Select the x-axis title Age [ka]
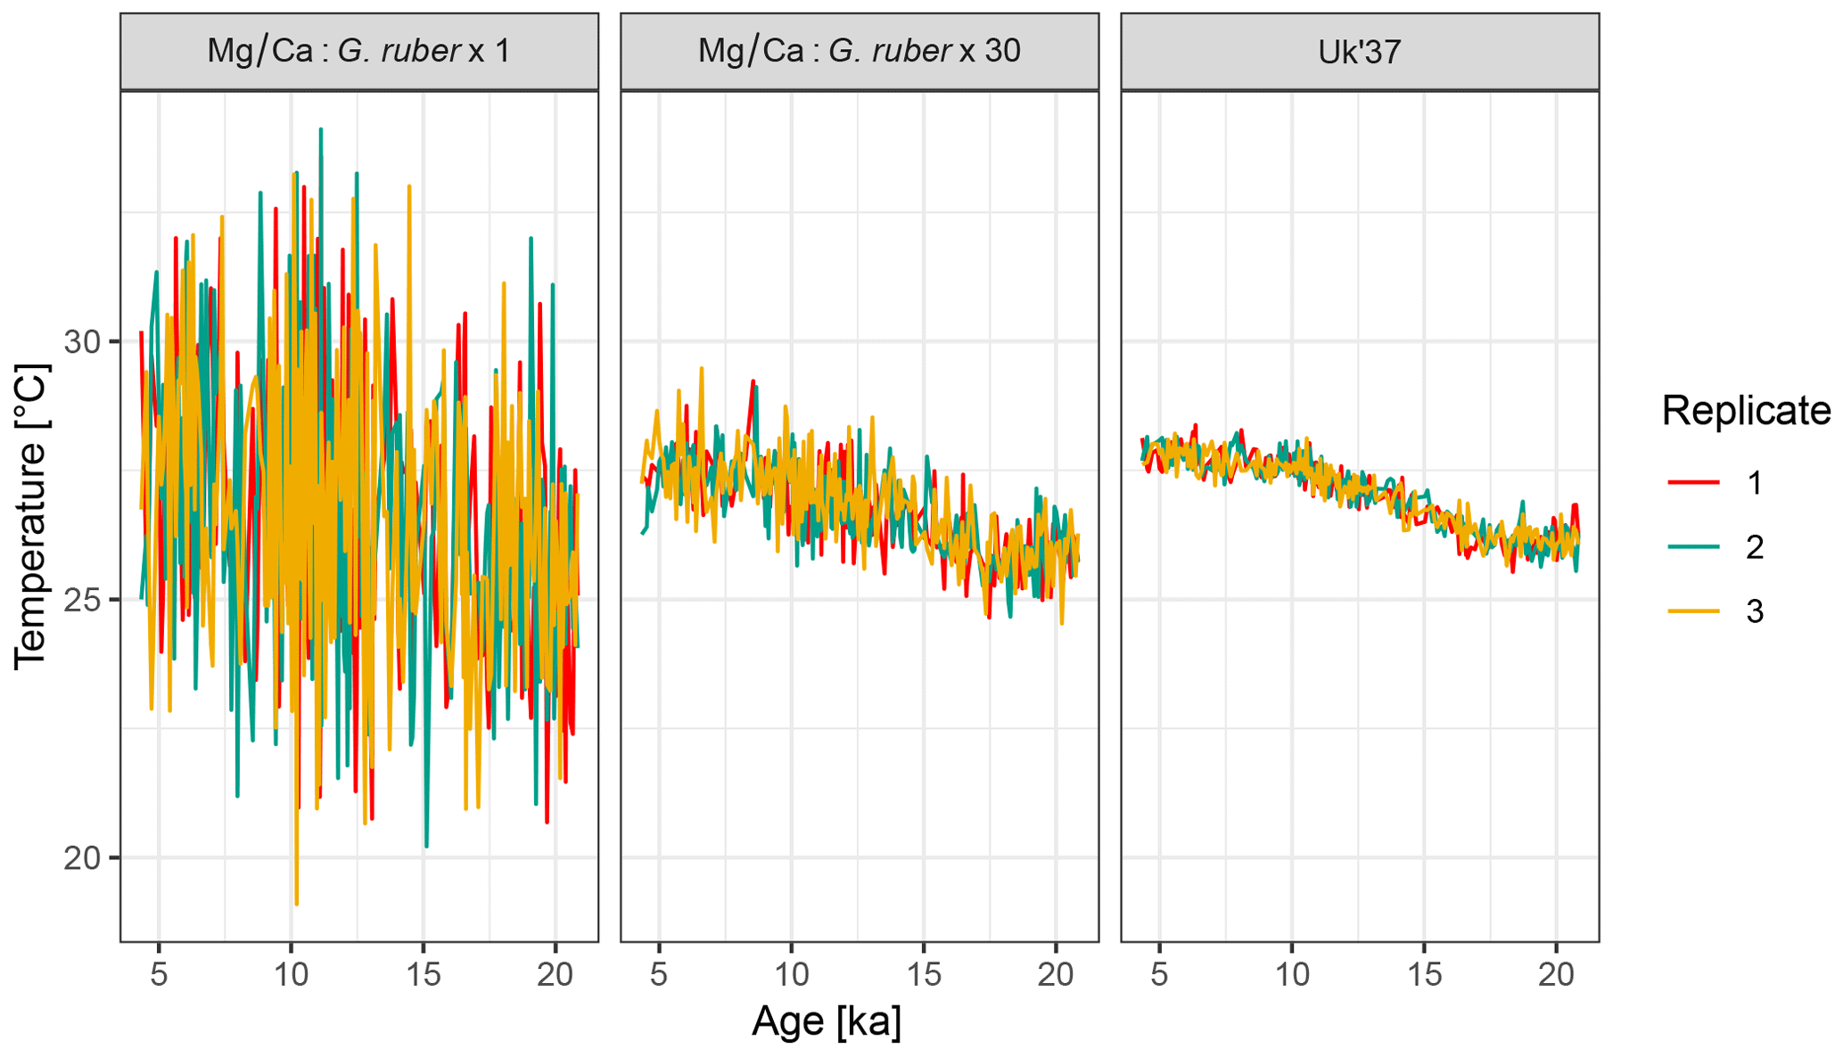click(826, 1020)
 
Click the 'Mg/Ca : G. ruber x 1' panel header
click(358, 51)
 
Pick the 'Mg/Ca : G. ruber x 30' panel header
click(859, 51)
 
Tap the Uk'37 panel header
click(1359, 51)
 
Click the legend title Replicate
click(1745, 411)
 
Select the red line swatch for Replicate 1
click(1693, 482)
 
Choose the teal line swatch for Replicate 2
click(1693, 546)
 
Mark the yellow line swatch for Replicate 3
click(1693, 611)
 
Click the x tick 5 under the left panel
click(159, 974)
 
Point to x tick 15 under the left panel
click(424, 974)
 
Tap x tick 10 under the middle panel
click(791, 974)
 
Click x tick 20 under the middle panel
click(1056, 974)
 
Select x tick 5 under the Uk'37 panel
click(1159, 974)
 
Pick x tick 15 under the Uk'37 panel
click(1424, 974)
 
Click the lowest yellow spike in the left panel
click(296, 904)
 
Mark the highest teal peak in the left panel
click(321, 130)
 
